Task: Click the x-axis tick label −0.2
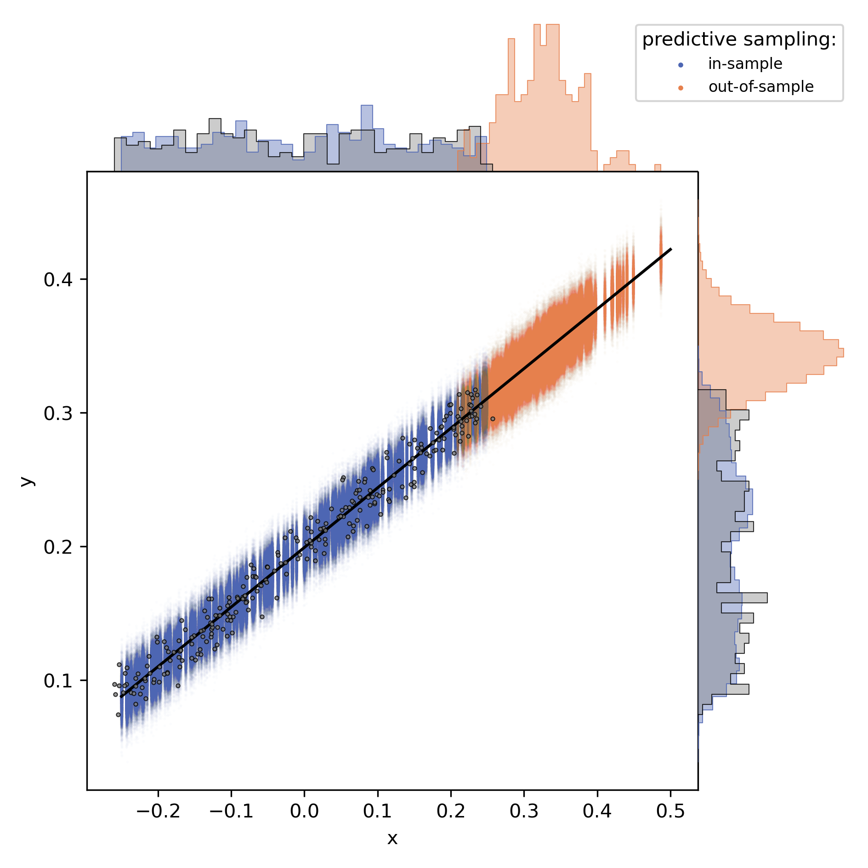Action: tap(158, 811)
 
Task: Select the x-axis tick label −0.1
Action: tap(231, 811)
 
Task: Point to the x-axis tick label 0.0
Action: tap(304, 811)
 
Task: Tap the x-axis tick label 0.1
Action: tap(378, 811)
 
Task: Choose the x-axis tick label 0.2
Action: tap(451, 811)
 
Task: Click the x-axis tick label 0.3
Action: tap(524, 811)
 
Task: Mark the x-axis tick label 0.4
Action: tap(597, 811)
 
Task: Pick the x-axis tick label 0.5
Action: tap(670, 811)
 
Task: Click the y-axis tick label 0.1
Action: tap(58, 681)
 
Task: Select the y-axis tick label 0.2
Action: tap(58, 547)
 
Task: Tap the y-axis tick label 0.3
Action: tap(58, 413)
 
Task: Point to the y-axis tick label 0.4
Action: tap(58, 279)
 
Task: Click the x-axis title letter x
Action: tap(392, 839)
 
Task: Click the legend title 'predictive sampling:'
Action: tap(739, 40)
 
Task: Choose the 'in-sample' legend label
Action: tap(745, 64)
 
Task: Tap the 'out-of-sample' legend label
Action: tap(761, 86)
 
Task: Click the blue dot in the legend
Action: tap(681, 65)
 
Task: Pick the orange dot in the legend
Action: tap(681, 88)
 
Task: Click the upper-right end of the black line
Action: tap(671, 249)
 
